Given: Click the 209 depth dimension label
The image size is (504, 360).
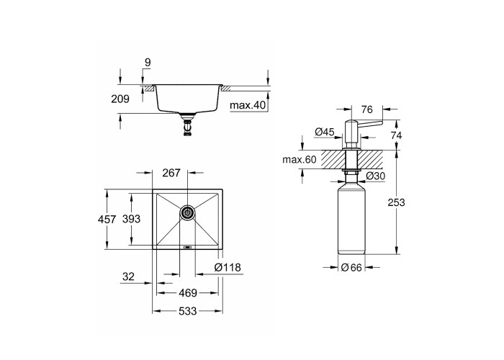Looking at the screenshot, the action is (x=120, y=99).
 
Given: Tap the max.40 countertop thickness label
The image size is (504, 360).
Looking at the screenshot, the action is (x=248, y=105).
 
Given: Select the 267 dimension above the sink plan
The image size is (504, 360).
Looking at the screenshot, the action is (x=171, y=173).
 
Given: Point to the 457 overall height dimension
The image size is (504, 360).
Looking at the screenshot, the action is (x=107, y=219).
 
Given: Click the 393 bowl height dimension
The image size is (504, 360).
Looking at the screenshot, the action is (x=132, y=219).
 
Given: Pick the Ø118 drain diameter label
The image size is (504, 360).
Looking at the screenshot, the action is (x=228, y=267).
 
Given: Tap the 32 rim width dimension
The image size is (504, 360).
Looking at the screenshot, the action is (x=128, y=276).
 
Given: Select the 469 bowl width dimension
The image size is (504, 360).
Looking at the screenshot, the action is (x=188, y=293).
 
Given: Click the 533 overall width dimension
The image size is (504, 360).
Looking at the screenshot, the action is (x=188, y=311).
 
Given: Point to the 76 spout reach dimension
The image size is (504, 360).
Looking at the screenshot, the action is (x=366, y=109).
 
